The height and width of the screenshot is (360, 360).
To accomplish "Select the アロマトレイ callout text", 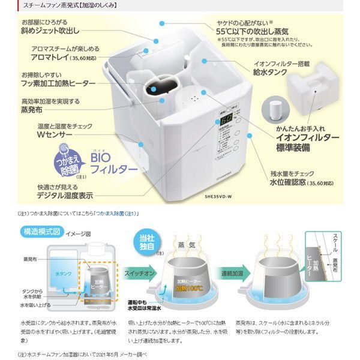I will point(52,59).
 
